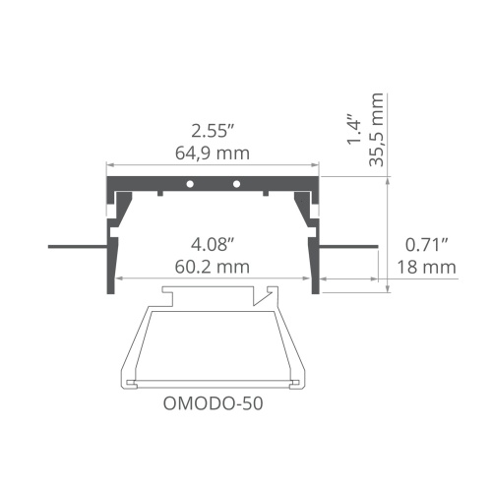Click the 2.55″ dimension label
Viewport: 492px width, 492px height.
click(x=213, y=130)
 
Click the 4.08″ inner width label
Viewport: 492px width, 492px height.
click(x=213, y=243)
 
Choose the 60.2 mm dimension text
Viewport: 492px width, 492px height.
click(x=213, y=266)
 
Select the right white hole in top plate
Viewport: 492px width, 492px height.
click(x=236, y=184)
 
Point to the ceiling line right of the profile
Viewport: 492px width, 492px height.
click(x=349, y=245)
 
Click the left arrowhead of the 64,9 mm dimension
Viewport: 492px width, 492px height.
click(x=110, y=164)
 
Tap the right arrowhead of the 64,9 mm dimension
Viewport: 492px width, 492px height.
click(x=317, y=164)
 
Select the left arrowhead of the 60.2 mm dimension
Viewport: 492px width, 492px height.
click(x=120, y=278)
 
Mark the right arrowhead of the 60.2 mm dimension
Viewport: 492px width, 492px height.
click(x=307, y=278)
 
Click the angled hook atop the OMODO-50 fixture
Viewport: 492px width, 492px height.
click(x=264, y=294)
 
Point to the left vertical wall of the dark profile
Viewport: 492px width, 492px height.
click(x=109, y=246)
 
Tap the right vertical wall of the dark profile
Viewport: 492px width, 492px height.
click(x=316, y=246)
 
